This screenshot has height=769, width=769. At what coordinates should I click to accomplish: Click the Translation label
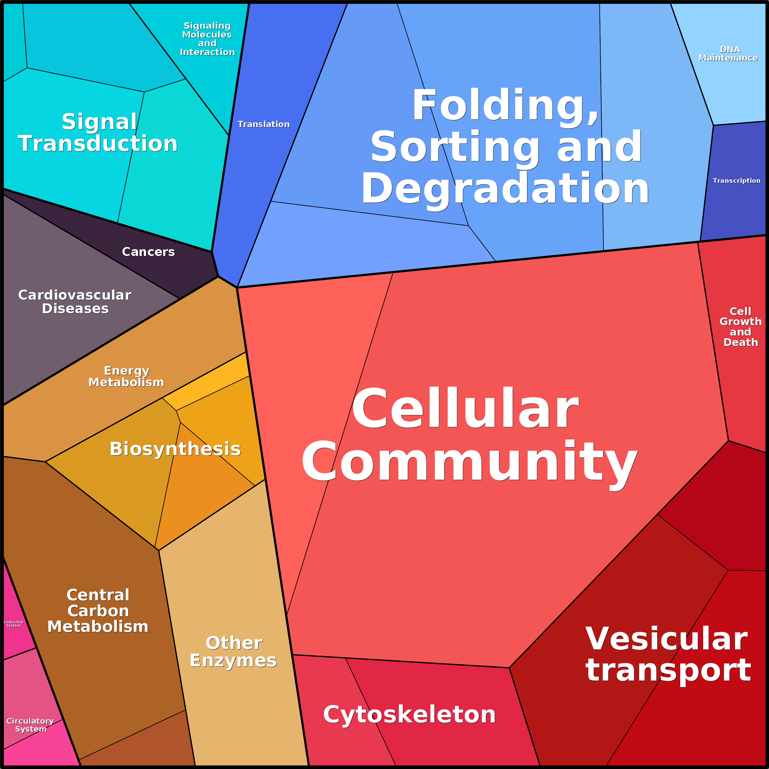point(264,124)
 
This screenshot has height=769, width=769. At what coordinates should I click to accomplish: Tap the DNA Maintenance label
point(728,54)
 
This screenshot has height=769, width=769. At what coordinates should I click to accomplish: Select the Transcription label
point(736,180)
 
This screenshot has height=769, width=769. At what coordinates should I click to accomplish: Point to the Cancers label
point(148,252)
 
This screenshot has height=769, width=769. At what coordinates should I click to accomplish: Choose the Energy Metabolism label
point(126,376)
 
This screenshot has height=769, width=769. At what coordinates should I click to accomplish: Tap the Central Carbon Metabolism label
point(98,611)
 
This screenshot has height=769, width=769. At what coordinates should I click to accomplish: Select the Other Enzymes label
point(233,651)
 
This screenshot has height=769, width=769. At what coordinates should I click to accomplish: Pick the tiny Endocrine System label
point(13,624)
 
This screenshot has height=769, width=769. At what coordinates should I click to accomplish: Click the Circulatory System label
point(30,725)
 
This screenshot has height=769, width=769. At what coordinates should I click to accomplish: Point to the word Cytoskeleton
point(410,714)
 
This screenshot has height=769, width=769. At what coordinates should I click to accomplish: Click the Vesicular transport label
point(668,654)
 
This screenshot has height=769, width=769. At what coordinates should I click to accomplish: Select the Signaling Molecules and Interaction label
point(207,39)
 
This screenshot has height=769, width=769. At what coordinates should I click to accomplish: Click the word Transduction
point(98,143)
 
